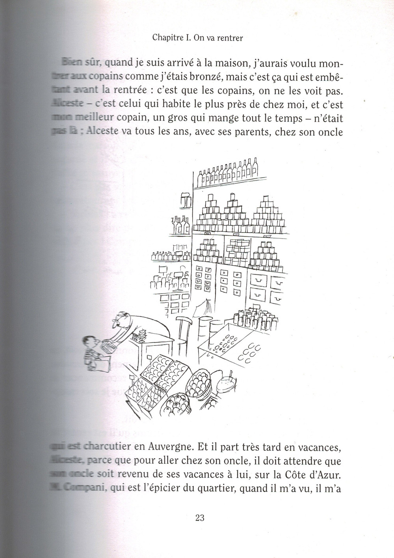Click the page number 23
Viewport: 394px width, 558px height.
199,517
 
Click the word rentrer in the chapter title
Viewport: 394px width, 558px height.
230,39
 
